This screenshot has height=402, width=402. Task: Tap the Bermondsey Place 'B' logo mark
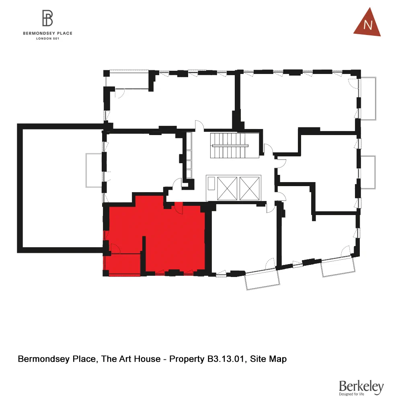point(48,18)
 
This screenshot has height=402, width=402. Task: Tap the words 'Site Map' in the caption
point(269,359)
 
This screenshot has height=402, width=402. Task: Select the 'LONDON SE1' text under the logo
point(48,39)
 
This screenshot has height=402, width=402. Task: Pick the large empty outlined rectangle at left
point(60,188)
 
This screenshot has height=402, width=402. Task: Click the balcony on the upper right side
point(368,98)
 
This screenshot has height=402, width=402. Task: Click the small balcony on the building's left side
point(94,170)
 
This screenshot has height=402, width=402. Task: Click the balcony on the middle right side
point(368,172)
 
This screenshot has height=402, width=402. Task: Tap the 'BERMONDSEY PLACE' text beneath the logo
point(48,33)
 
